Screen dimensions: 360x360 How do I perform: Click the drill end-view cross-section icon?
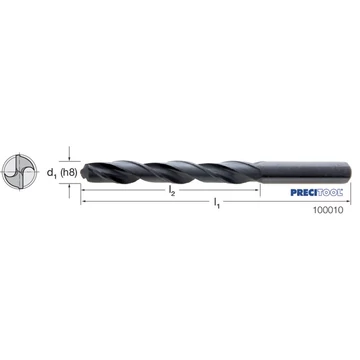click(x=19, y=172)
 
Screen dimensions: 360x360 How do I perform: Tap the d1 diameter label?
click(x=52, y=173)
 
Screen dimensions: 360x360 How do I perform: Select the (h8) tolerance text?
click(x=69, y=172)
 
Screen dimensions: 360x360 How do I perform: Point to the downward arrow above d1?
click(x=69, y=154)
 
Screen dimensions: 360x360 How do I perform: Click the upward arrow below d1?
click(x=69, y=191)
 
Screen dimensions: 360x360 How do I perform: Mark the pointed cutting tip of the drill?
click(x=82, y=172)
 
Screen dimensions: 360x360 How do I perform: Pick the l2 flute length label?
click(x=172, y=191)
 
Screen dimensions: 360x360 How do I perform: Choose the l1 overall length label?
click(x=217, y=202)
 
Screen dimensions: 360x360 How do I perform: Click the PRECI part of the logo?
click(x=303, y=193)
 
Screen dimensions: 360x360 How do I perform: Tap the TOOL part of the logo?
click(x=329, y=193)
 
